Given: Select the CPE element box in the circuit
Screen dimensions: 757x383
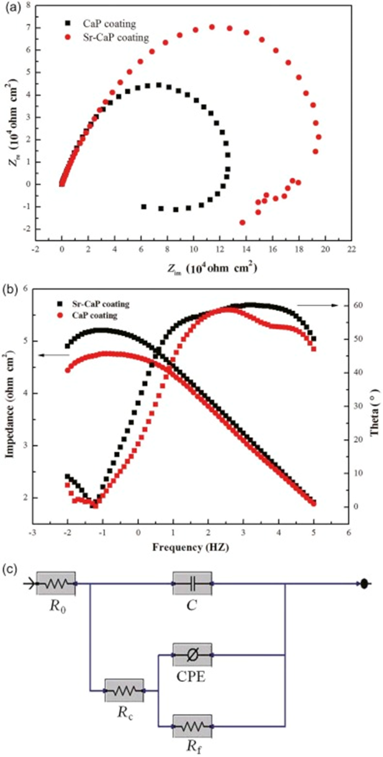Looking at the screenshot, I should [192, 654].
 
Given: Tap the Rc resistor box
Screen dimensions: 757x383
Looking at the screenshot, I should [124, 690].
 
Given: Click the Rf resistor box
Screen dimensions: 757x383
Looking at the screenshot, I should [192, 725].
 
